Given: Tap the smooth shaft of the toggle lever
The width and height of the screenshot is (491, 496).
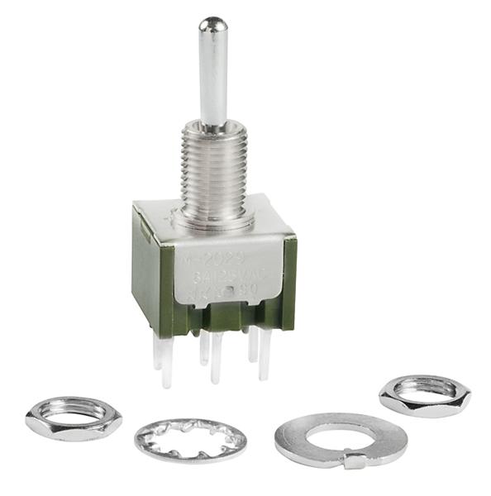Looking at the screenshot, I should click(x=213, y=79).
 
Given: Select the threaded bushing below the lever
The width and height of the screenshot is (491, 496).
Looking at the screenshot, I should click(x=213, y=169).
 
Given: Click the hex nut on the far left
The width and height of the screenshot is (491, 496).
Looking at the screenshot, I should click(x=73, y=417).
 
